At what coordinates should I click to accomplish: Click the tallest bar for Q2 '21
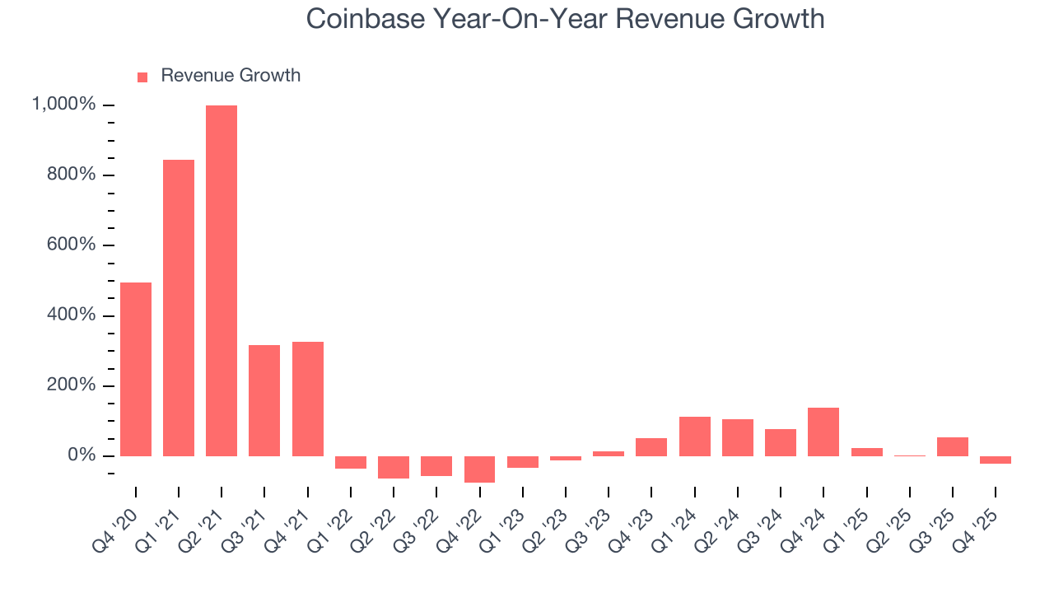click(x=222, y=280)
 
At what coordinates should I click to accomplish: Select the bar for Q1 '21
click(x=179, y=307)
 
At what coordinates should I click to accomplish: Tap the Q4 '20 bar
click(x=136, y=369)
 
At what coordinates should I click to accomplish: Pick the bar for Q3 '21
click(x=264, y=400)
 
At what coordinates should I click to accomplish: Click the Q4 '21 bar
click(x=308, y=399)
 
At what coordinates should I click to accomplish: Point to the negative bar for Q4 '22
click(x=479, y=469)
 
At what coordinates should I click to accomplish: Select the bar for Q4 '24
click(x=823, y=432)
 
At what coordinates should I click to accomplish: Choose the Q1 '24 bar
click(x=695, y=437)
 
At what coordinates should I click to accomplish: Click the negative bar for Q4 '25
click(x=996, y=460)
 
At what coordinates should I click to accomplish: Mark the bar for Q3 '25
click(x=953, y=446)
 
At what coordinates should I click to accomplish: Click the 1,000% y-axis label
click(x=63, y=105)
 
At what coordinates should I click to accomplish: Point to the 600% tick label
click(x=72, y=245)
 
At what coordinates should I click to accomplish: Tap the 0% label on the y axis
click(x=82, y=455)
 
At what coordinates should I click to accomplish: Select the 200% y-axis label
click(x=72, y=385)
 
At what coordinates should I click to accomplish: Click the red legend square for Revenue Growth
click(x=142, y=77)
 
